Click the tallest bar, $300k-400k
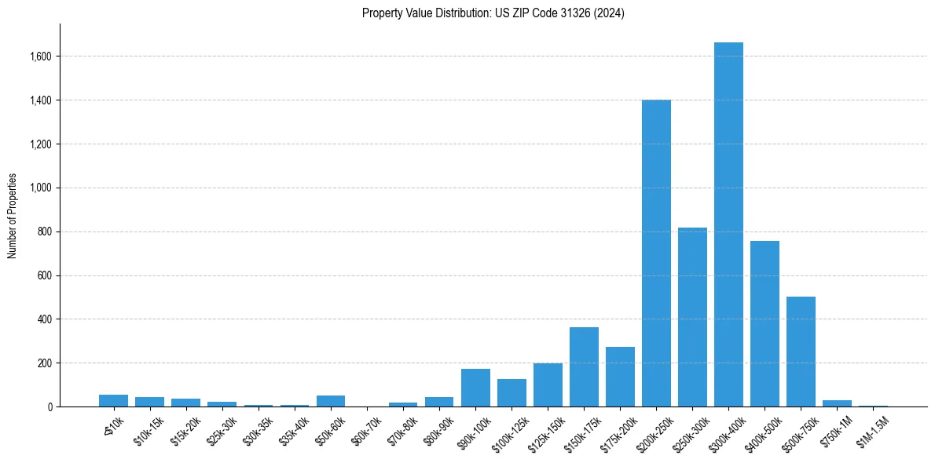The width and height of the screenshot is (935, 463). tap(728, 228)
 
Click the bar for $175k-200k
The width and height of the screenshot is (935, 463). tap(620, 377)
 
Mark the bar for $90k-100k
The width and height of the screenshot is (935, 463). tap(475, 388)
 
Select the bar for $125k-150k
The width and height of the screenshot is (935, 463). tap(548, 385)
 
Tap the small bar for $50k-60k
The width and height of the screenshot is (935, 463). tap(331, 401)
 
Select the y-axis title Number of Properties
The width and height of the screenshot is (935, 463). tap(13, 216)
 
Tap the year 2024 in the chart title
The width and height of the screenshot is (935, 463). tap(609, 13)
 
